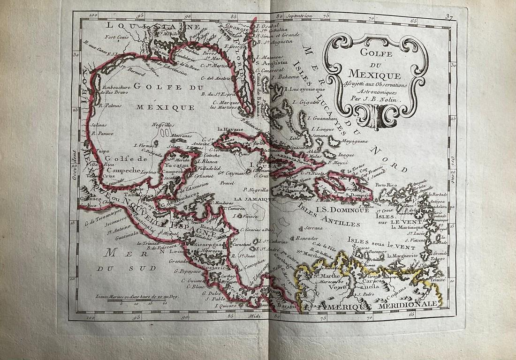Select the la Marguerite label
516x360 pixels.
[x=402, y=256]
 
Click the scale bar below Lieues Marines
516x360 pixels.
[x=141, y=299]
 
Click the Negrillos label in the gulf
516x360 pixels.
[x=163, y=125]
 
